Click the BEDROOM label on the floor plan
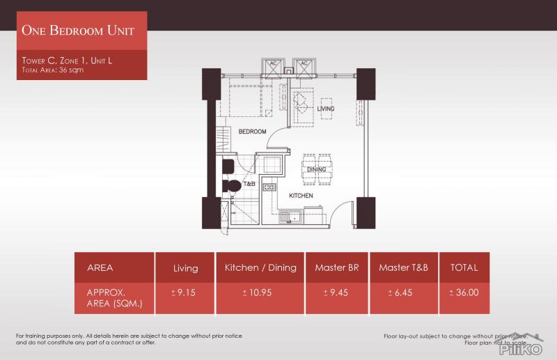[x=252, y=131]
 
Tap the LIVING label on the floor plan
[x=325, y=109]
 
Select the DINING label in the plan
[x=317, y=169]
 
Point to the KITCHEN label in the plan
[x=301, y=196]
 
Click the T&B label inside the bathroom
[x=249, y=185]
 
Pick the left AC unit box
[x=269, y=66]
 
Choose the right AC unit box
[x=304, y=66]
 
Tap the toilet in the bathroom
[x=233, y=186]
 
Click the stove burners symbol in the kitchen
[x=269, y=187]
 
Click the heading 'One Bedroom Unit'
[x=77, y=31]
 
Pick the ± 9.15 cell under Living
[x=185, y=292]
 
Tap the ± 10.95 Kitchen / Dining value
[x=260, y=292]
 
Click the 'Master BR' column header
[x=336, y=267]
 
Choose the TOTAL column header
[x=464, y=267]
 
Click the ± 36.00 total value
[x=464, y=292]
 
